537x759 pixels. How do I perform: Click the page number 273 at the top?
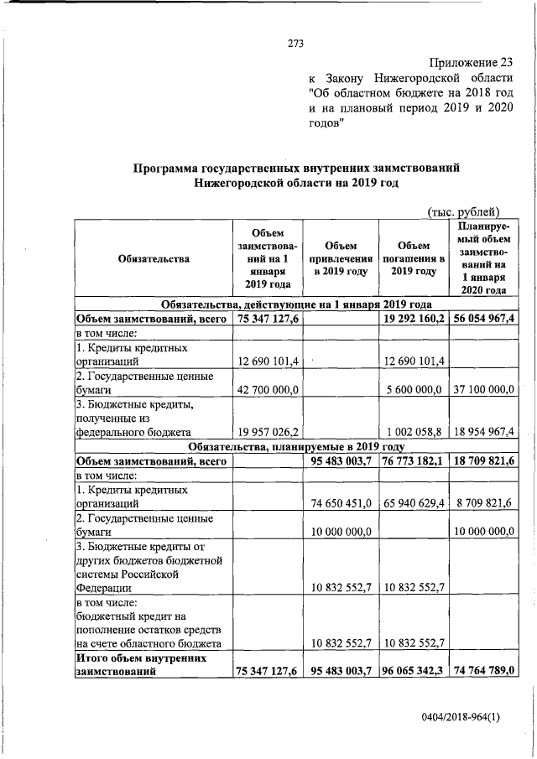click(x=295, y=44)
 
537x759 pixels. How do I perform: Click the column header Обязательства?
click(x=154, y=258)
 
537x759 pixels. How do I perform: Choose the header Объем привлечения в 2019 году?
click(x=341, y=258)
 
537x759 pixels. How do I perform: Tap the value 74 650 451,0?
click(x=341, y=504)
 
